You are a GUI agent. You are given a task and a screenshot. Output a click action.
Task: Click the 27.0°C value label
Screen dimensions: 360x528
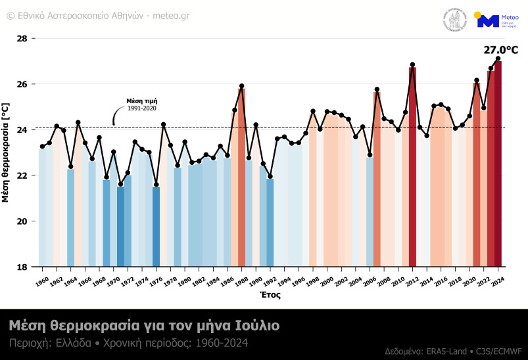[500, 50]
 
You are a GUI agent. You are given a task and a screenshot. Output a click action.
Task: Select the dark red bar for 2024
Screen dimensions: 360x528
[498, 164]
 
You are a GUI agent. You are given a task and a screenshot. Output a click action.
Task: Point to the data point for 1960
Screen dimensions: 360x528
[42, 146]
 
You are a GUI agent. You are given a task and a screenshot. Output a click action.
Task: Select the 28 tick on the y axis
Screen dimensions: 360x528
[22, 39]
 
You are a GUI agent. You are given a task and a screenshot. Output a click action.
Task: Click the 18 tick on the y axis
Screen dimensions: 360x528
[22, 267]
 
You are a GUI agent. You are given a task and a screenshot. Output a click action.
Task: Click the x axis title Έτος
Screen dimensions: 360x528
[271, 295]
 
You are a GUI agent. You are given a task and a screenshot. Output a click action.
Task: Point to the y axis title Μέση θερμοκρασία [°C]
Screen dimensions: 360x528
[6, 152]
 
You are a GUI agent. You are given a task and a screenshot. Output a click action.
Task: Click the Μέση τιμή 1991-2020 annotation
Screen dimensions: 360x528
[142, 104]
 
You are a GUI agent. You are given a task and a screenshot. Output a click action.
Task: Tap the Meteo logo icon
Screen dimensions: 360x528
[488, 20]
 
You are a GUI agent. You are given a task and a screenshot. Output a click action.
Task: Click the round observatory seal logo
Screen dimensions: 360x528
[455, 20]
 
